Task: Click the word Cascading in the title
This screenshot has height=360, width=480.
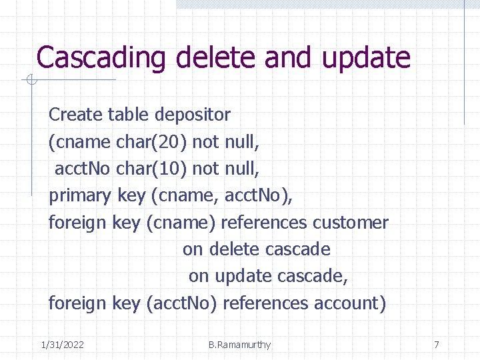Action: pos(101,57)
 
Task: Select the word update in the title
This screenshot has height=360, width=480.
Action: pos(366,57)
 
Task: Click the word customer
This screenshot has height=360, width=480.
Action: pos(351,222)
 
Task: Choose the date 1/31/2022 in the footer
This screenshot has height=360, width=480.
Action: pos(62,345)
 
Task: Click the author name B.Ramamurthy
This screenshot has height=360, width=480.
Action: pos(239,345)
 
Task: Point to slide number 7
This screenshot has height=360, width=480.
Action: pos(437,345)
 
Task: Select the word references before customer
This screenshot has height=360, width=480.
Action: pos(264,222)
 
